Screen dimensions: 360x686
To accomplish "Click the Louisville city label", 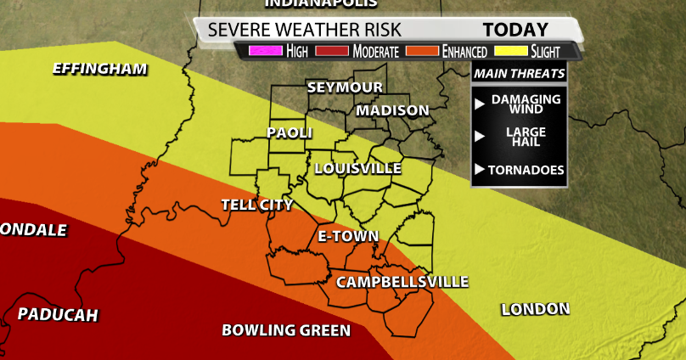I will [x=357, y=168].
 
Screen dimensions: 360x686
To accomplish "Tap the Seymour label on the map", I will [x=345, y=87].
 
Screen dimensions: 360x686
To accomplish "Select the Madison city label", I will [x=392, y=110].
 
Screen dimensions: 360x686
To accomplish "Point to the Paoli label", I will [x=290, y=132].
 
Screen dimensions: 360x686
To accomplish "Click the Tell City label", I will [x=256, y=205].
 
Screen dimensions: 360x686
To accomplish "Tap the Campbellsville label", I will [x=402, y=282].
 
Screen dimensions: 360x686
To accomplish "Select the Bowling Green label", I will [x=286, y=330].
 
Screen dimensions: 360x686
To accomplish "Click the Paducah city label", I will [x=58, y=315].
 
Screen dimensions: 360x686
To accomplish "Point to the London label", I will [x=535, y=309].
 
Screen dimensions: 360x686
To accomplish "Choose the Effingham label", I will [x=99, y=69].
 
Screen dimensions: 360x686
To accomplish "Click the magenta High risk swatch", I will [x=264, y=51].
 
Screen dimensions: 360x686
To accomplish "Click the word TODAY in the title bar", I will [x=516, y=29].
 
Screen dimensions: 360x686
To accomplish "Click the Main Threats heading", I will [x=519, y=74].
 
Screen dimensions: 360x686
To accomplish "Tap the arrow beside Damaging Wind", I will [x=480, y=104].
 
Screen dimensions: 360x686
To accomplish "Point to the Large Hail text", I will [x=526, y=137].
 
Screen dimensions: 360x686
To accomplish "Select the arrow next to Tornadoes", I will [x=480, y=171].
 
